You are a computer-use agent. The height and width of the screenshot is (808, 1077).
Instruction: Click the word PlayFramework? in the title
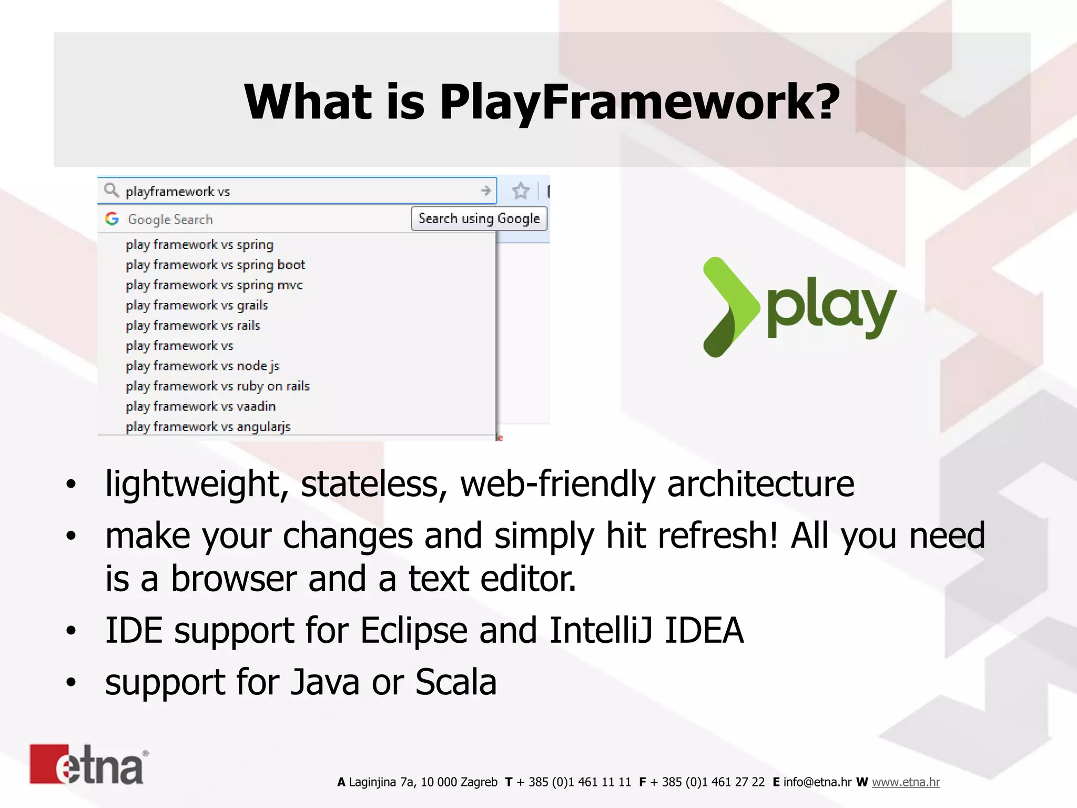(639, 102)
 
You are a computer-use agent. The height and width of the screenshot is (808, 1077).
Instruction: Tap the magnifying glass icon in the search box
(111, 190)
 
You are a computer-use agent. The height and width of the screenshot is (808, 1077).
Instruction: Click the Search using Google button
(479, 219)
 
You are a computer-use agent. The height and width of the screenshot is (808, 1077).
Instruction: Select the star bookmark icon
(521, 191)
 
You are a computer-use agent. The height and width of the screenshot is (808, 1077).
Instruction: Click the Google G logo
(112, 219)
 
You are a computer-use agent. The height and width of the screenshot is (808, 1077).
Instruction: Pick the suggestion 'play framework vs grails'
(197, 305)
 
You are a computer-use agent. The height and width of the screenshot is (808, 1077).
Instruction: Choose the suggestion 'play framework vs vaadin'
(200, 407)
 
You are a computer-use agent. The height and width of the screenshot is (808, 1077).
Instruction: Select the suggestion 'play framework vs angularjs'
(208, 427)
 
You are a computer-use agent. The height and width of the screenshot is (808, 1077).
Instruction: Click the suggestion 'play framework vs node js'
(202, 366)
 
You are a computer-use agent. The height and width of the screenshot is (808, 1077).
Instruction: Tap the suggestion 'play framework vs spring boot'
(215, 265)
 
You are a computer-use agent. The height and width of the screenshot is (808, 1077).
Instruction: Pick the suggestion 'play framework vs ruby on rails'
(218, 386)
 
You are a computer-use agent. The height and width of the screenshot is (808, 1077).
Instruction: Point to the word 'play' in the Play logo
(831, 308)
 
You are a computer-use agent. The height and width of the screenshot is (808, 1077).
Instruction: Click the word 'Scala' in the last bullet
(455, 682)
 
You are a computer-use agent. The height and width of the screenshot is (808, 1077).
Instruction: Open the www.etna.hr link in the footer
(906, 782)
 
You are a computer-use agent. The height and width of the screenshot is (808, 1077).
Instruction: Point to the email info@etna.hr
(817, 782)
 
